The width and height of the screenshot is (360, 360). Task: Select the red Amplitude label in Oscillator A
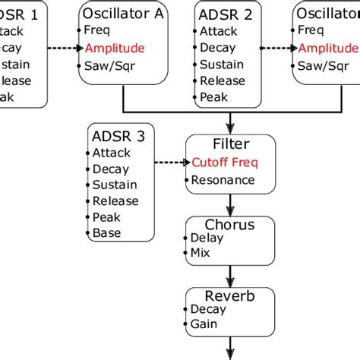[115, 48]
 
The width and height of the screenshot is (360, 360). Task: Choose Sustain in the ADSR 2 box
[221, 65]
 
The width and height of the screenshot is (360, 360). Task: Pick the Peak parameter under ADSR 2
[213, 97]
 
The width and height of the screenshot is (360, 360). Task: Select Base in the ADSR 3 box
[106, 233]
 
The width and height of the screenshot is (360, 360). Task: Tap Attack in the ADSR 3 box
[111, 152]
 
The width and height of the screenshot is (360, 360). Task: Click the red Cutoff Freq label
[223, 163]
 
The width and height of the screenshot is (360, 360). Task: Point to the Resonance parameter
[223, 180]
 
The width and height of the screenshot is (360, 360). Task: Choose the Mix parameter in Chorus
[201, 253]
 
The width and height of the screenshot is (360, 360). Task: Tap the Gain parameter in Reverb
[203, 324]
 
